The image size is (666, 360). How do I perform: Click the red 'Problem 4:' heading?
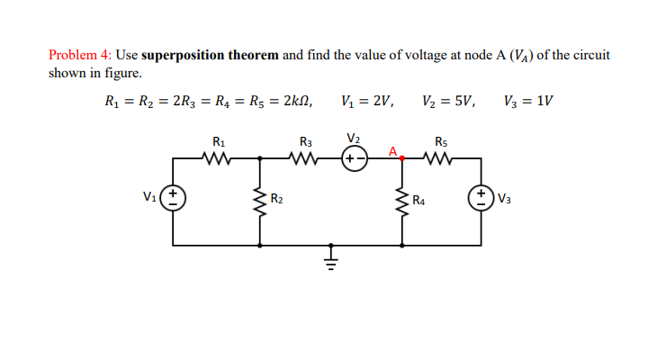tap(80, 55)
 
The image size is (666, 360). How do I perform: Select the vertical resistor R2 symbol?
tap(261, 200)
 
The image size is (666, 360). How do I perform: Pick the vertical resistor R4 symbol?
tap(401, 200)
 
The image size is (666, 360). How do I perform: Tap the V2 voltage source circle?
tap(355, 158)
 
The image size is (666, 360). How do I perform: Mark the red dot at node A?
tap(401, 158)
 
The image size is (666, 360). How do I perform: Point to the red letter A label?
tap(393, 148)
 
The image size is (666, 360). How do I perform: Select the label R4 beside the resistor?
tap(418, 200)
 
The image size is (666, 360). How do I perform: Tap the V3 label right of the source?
tap(502, 199)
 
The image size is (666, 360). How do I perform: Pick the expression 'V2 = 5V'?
tap(448, 102)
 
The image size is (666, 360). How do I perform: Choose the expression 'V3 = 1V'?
tap(528, 102)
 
